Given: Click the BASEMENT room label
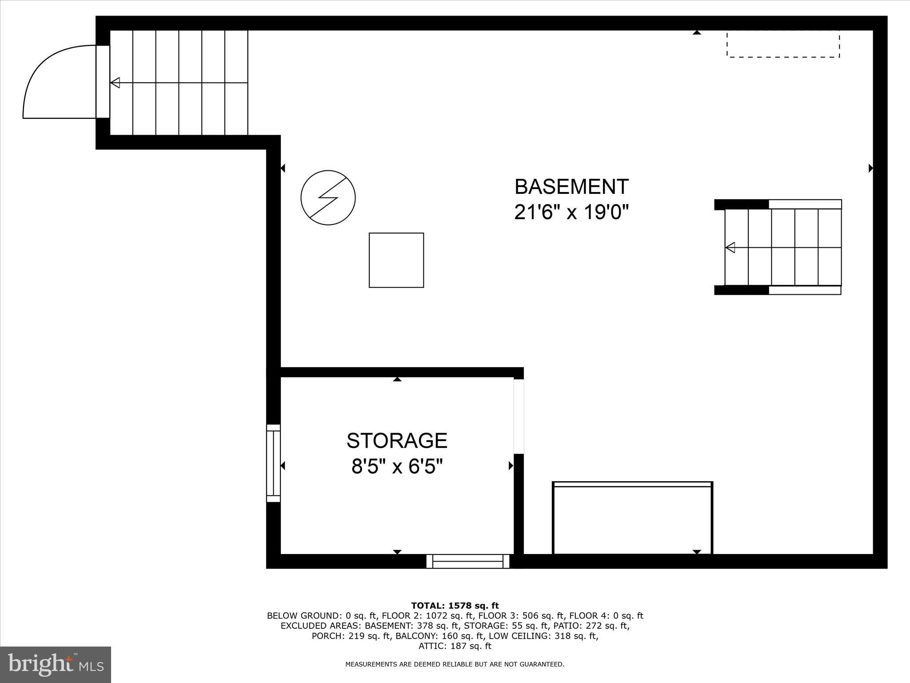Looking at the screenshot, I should (571, 187).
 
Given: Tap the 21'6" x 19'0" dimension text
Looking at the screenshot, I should (571, 213).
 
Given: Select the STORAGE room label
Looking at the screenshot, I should (397, 441).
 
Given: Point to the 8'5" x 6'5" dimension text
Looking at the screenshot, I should (397, 467).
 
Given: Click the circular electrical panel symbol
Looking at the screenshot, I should (328, 197).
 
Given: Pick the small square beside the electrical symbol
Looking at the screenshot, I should (396, 260).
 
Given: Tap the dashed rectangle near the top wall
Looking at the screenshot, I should (783, 44).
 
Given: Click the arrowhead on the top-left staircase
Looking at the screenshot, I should (115, 83).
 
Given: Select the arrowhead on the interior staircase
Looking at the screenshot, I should (730, 247).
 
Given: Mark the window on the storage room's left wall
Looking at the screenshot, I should (273, 463).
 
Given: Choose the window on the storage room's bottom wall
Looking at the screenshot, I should (468, 561).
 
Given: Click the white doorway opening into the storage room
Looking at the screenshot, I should (519, 416).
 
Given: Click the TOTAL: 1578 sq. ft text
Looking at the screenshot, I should (455, 606).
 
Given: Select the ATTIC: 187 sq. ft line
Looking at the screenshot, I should (455, 646).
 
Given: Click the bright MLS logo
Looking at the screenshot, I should (56, 665).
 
